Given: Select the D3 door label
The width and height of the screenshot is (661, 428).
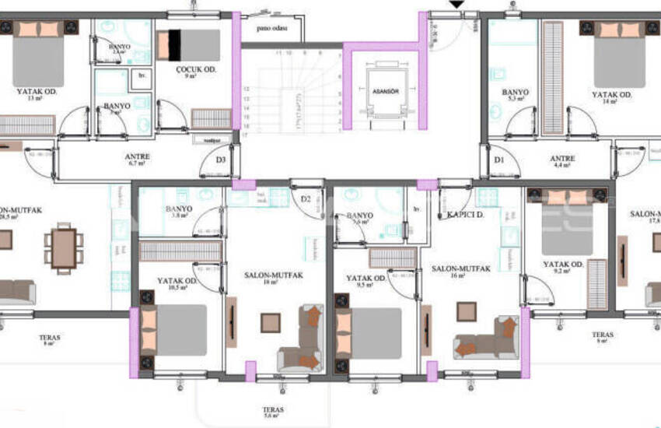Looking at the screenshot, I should pos(221,161).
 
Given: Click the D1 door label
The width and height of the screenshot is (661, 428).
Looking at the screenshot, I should pos(498,161).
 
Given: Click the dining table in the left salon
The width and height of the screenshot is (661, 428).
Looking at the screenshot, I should pos(64,247).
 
